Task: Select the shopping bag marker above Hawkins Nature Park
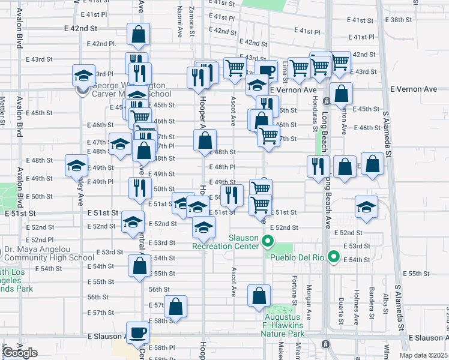tap(259, 296)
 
